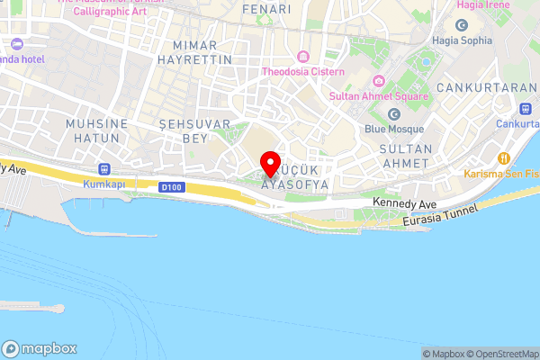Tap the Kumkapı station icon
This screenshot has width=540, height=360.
tap(104, 168)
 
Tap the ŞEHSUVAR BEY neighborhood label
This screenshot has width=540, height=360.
tap(194, 130)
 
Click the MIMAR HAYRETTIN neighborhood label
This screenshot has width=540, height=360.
tap(195, 51)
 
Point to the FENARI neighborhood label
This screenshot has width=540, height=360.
tap(266, 9)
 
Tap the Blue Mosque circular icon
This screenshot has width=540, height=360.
tap(394, 113)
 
